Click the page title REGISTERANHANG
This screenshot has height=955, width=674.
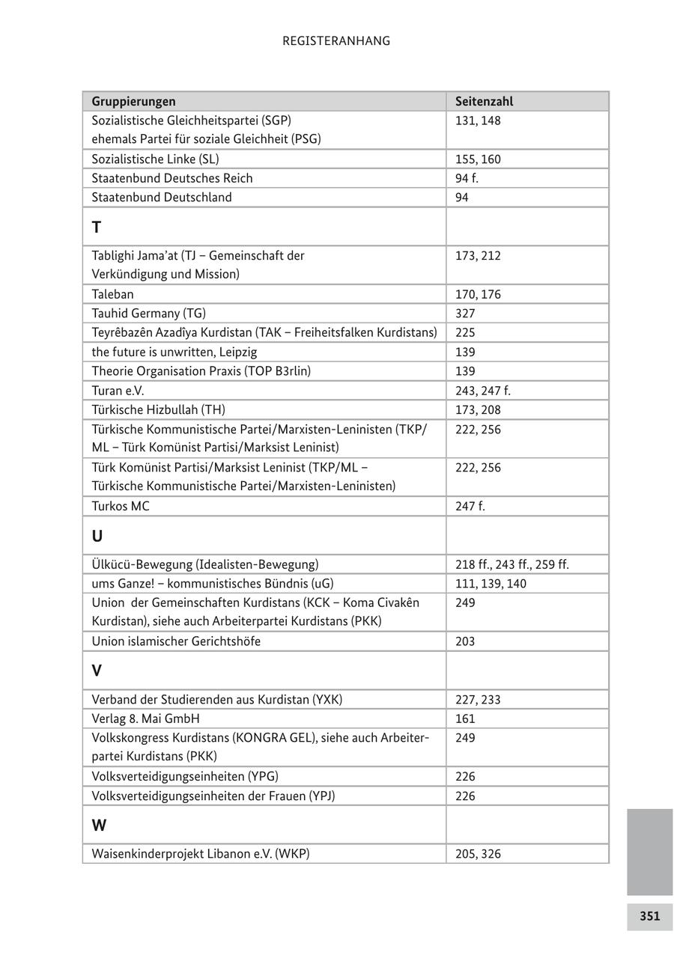[x=336, y=41]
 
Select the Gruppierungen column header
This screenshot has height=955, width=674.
[x=133, y=101]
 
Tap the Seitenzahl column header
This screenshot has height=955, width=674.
[x=484, y=101]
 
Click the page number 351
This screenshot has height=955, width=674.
[x=649, y=916]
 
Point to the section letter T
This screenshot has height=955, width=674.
[x=97, y=227]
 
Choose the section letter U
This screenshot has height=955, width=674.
[x=97, y=536]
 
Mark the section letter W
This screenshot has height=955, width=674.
[x=99, y=826]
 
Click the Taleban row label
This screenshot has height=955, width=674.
[x=112, y=294]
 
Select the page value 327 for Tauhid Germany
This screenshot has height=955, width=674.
[x=465, y=314]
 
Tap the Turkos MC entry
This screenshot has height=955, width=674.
[x=121, y=506]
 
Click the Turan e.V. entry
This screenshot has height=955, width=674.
[x=118, y=391]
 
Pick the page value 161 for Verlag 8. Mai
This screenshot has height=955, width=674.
[x=465, y=718]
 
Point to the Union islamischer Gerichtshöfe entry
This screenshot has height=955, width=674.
[x=176, y=641]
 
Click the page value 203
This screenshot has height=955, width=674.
[x=465, y=641]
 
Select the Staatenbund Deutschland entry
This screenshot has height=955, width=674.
[x=162, y=198]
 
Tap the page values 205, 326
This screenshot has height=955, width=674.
[x=478, y=854]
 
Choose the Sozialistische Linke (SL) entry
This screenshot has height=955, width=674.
[x=155, y=159]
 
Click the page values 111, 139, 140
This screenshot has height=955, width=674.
[x=491, y=584]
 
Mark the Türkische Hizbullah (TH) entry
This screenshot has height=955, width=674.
[x=158, y=410]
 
